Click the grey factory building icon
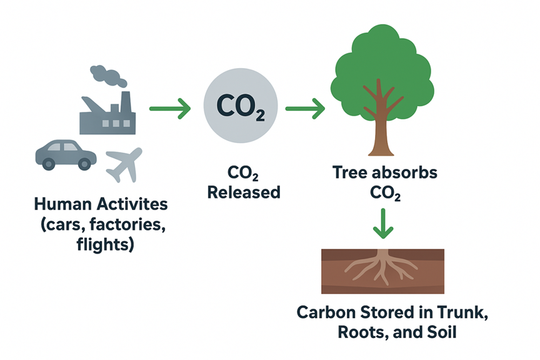(x=107, y=116)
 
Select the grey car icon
(x=66, y=153)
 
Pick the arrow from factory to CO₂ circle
(x=169, y=109)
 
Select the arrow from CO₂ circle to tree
(x=304, y=109)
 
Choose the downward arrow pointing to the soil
(x=382, y=223)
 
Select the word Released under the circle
(x=243, y=192)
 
